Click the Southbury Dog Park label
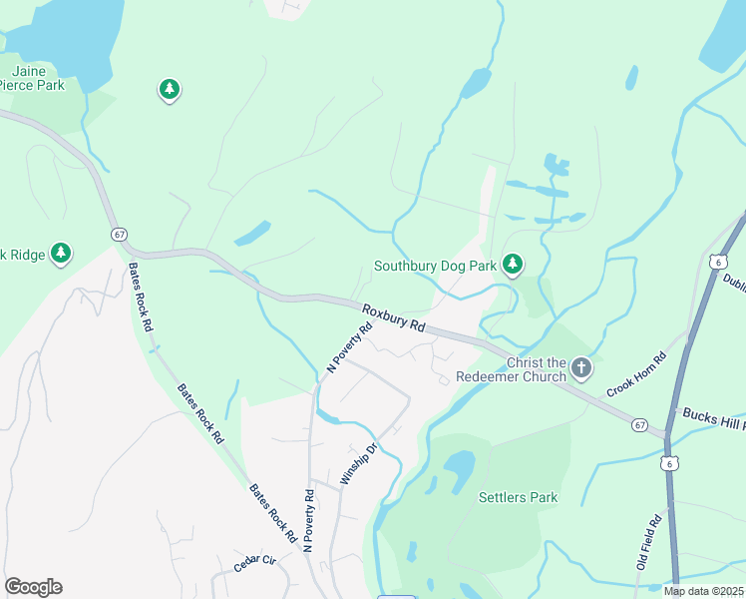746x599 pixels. tap(435, 267)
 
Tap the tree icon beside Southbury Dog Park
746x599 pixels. tap(513, 264)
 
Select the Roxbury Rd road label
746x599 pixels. tap(394, 318)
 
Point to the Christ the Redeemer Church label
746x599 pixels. tap(511, 369)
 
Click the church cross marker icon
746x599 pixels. tap(581, 369)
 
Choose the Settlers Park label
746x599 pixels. tap(518, 497)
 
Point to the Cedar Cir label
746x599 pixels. tap(254, 562)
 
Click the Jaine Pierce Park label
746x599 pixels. tap(37, 78)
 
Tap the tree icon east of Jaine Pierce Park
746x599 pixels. tap(170, 91)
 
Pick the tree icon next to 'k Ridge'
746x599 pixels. tap(62, 254)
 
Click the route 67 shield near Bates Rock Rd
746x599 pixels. tap(120, 234)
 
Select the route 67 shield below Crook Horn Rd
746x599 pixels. tap(639, 425)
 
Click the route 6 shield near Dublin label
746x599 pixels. tap(717, 261)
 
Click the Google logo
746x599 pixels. tap(33, 587)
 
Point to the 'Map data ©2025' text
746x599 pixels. tap(704, 591)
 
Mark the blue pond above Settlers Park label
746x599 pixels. tap(458, 466)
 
